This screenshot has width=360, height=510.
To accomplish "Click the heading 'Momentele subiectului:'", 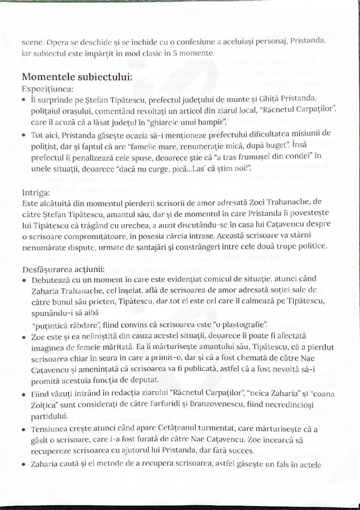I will (77, 77).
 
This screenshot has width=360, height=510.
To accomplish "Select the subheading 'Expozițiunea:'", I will (48, 89).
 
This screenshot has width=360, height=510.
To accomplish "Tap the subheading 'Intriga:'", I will (36, 193).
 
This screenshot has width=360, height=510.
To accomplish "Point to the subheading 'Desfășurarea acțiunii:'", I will (63, 269).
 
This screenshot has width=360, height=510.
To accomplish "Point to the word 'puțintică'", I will (45, 325).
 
